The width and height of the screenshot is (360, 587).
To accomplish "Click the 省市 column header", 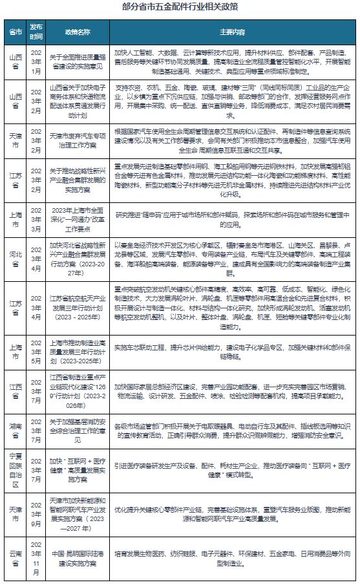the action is tap(14, 31).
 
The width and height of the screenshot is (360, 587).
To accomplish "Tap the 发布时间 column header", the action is tap(37, 31).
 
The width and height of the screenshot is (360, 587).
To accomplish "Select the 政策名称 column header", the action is tap(78, 31).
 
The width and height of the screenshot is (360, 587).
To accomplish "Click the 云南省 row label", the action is tap(14, 556).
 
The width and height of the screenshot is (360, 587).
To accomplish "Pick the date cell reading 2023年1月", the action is tap(37, 61).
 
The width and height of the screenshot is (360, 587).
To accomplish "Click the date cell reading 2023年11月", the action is tap(37, 556).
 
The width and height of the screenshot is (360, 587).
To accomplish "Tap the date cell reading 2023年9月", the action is tap(37, 509).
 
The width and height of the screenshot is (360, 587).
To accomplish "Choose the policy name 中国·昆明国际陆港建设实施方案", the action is tap(78, 556).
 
